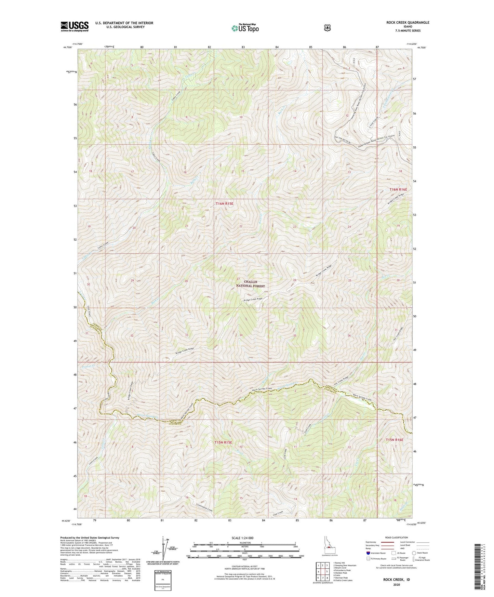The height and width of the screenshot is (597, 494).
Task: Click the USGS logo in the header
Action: pyautogui.click(x=75, y=26)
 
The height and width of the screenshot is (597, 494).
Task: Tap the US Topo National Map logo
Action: pyautogui.click(x=244, y=28)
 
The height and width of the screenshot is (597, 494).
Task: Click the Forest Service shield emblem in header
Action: pyautogui.click(x=327, y=27)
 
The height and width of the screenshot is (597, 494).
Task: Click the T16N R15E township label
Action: pyautogui.click(x=224, y=203)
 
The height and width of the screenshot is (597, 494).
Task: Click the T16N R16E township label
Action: pyautogui.click(x=398, y=189)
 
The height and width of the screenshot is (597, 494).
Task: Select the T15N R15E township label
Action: pyautogui.click(x=224, y=442)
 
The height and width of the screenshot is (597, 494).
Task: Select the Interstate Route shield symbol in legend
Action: pyautogui.click(x=368, y=553)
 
